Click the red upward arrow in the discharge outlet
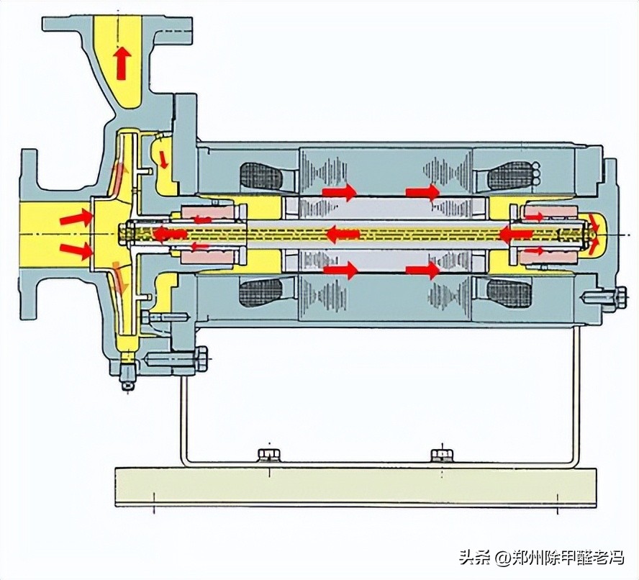point(122,63)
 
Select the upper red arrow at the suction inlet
point(76,216)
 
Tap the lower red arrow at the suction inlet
point(76,250)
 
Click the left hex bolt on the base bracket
point(268,454)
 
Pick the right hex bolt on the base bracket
point(441,454)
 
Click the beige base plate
point(355,487)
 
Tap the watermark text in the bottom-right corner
point(541,557)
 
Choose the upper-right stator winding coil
point(512,175)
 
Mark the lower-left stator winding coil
point(263,293)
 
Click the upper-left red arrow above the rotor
point(339,192)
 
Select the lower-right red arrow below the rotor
point(422,271)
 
